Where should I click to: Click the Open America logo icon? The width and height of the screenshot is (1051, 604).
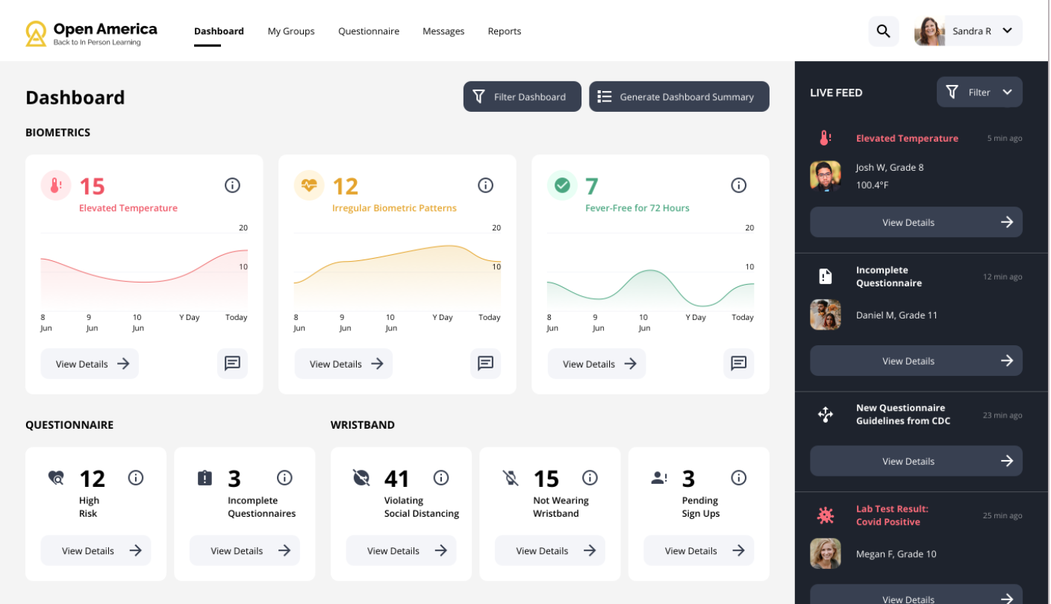(36, 33)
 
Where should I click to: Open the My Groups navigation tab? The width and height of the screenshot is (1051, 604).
(291, 31)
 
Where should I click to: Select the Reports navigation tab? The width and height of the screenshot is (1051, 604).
(505, 31)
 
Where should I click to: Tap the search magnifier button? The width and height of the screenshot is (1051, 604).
(883, 31)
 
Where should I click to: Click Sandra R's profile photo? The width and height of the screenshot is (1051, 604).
(929, 31)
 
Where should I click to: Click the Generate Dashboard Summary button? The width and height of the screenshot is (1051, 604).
(679, 97)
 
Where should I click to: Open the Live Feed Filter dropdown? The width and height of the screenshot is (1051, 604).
(979, 92)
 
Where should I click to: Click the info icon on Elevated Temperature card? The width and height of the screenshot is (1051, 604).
(232, 186)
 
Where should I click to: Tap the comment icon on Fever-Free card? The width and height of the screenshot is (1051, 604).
(738, 363)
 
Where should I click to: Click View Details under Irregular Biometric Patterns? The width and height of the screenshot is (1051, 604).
(343, 364)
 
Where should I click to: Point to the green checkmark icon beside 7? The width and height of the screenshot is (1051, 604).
(562, 185)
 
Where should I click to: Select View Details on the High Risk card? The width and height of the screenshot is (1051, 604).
(96, 551)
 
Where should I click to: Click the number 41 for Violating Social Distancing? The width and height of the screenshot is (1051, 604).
(397, 479)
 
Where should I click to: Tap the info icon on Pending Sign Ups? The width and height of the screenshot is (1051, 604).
(738, 478)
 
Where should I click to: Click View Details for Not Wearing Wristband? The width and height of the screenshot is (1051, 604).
(549, 551)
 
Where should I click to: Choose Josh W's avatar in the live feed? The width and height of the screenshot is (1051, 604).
(826, 177)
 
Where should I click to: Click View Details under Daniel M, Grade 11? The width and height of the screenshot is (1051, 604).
(916, 361)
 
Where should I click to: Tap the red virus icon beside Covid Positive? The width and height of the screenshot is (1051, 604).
(826, 515)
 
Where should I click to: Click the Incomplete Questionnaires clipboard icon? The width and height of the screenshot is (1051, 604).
(205, 478)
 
